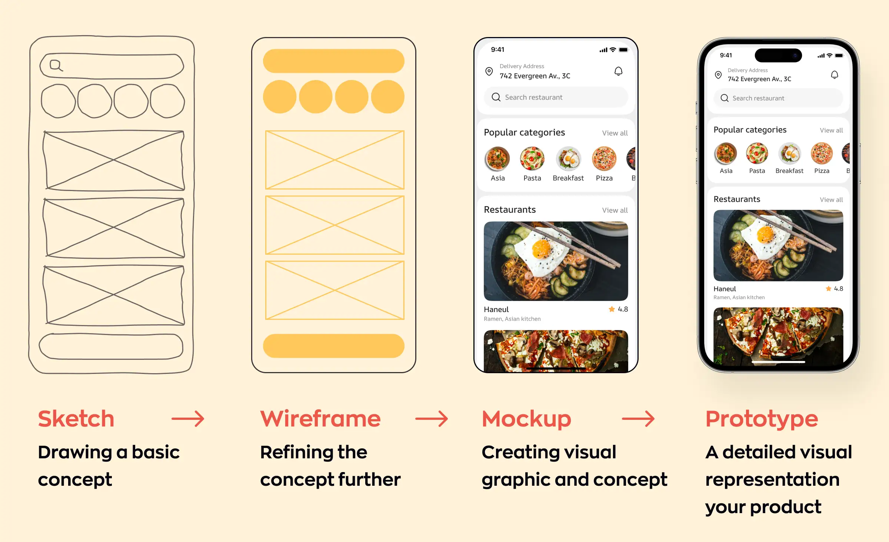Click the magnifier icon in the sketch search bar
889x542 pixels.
click(56, 65)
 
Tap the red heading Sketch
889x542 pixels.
click(76, 419)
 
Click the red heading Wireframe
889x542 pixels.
click(320, 419)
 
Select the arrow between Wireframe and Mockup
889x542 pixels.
click(432, 419)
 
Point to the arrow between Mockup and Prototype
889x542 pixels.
click(638, 419)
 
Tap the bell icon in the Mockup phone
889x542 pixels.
click(618, 71)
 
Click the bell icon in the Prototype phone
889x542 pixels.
click(834, 75)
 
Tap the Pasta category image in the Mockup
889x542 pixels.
click(532, 158)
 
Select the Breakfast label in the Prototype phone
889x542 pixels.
click(789, 171)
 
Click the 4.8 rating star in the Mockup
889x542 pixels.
click(612, 309)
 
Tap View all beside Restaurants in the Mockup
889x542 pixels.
click(615, 210)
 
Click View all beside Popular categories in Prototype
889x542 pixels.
click(831, 130)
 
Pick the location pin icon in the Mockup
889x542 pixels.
click(489, 71)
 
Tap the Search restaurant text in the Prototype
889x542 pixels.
click(758, 98)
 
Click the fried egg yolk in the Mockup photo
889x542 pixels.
click(542, 248)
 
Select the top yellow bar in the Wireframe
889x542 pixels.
click(333, 61)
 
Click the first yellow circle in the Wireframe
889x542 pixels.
click(279, 97)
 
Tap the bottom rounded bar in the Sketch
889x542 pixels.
click(111, 347)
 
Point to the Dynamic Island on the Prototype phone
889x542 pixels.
click(778, 56)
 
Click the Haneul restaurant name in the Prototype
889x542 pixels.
click(725, 289)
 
